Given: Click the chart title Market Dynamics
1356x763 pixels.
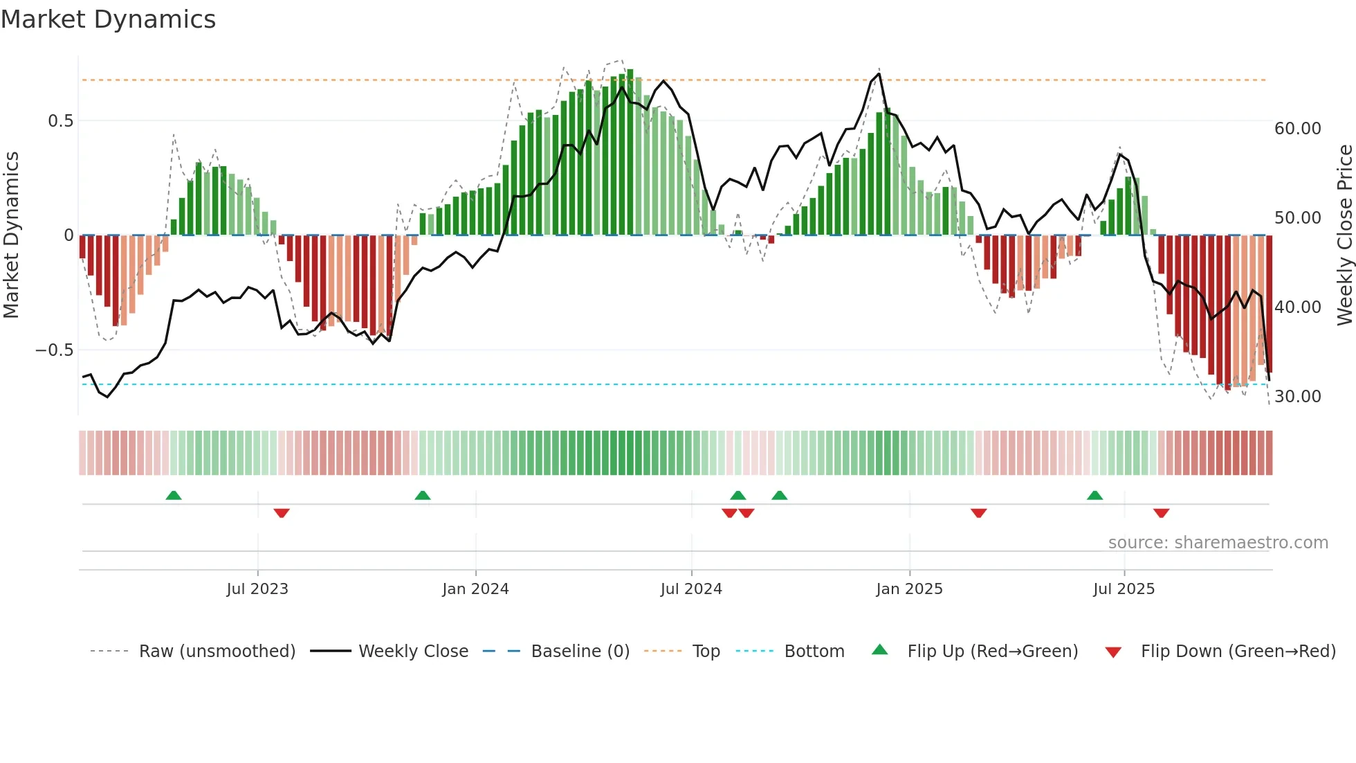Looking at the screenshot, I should point(109,19).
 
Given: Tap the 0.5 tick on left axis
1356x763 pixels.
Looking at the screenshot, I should point(60,121).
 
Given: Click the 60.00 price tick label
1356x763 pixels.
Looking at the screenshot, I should point(1297,129).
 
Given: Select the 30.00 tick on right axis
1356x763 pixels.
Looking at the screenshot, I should point(1297,397).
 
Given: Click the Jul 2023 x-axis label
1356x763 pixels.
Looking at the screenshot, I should point(257,589).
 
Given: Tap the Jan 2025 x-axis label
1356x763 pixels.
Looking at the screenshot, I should point(909,589).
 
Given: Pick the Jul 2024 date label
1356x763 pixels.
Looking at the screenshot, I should point(691,589).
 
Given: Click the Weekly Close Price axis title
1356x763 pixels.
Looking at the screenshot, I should point(1344,235).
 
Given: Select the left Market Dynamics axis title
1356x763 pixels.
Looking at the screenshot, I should point(11,235).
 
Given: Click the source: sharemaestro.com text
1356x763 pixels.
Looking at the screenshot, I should point(1218,543).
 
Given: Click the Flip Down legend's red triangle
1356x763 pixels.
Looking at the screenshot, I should point(1113,652).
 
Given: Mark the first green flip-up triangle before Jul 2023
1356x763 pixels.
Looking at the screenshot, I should point(174,496).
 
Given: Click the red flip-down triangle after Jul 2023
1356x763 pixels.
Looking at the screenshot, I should point(282,513).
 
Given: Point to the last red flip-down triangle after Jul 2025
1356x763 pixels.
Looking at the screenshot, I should point(1161,513).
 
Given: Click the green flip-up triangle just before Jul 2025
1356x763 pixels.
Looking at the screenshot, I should point(1094,496).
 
